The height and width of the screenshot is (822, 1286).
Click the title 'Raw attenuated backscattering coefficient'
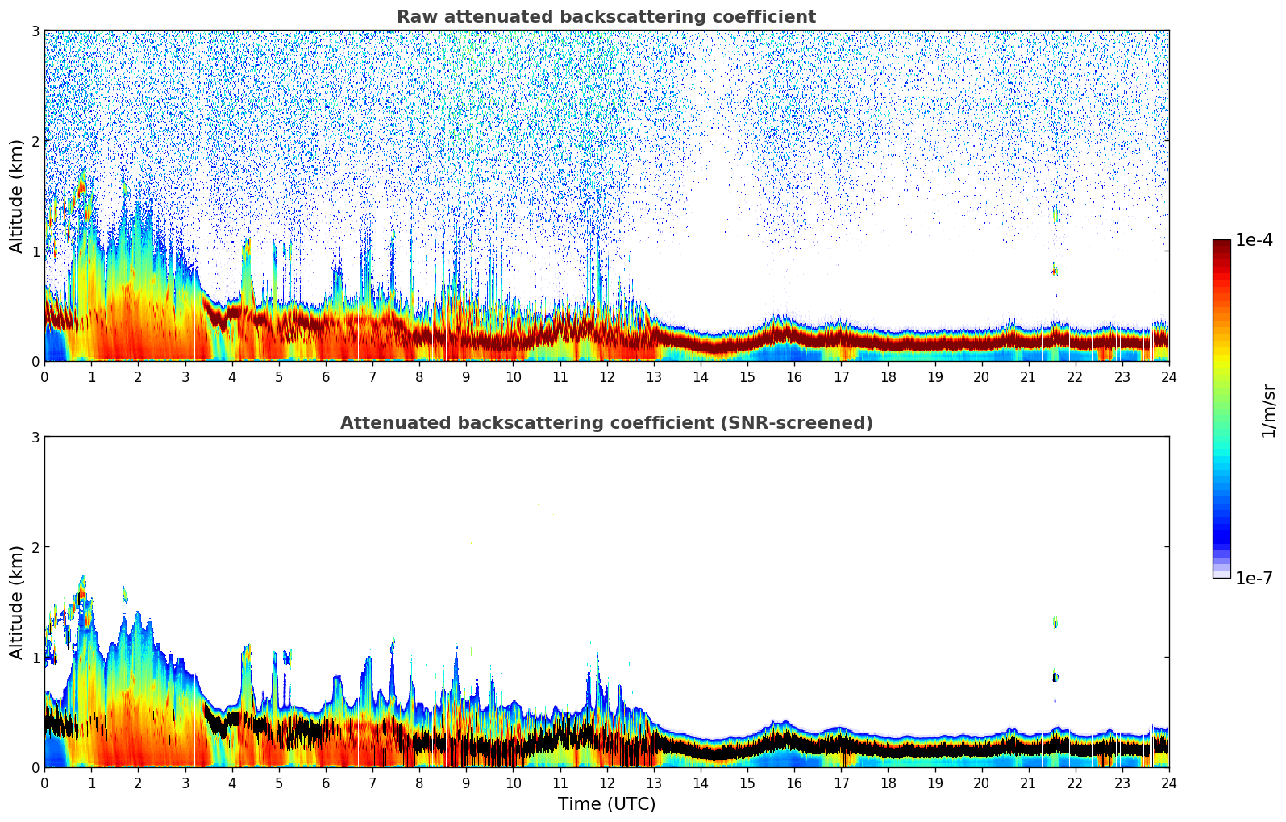[606, 17]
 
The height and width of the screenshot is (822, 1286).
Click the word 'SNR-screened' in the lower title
[807, 423]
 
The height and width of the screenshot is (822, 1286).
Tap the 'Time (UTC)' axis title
[606, 803]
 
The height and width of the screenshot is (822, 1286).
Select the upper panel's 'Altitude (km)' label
[17, 196]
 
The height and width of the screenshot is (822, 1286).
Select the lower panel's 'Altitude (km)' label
[17, 602]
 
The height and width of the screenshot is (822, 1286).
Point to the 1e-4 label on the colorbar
[1254, 240]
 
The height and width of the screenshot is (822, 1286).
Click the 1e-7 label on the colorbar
[1254, 578]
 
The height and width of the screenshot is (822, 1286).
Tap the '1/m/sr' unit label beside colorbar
[1268, 410]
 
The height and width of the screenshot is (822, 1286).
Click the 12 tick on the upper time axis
[606, 376]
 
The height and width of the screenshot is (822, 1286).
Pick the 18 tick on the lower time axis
[888, 783]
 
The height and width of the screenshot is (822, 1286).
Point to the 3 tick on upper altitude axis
[35, 31]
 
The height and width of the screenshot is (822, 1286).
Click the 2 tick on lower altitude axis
[35, 547]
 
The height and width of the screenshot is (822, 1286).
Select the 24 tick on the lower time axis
[1169, 783]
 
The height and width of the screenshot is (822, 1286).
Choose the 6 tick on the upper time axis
[326, 376]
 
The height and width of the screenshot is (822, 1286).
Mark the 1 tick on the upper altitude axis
[35, 251]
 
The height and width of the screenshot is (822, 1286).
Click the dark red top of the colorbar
[1221, 243]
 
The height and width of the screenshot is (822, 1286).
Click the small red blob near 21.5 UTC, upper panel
[1055, 271]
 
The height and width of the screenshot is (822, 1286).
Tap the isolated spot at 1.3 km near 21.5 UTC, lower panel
[1055, 621]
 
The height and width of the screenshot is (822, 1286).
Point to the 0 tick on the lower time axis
[44, 783]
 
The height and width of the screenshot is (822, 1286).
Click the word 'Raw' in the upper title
[414, 17]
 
